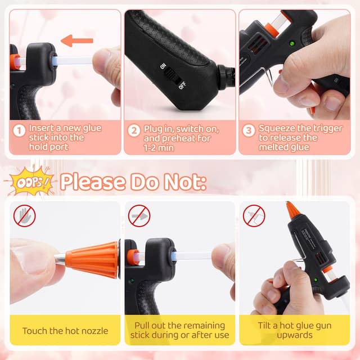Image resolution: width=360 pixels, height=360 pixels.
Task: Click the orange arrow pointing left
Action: tap(76, 40)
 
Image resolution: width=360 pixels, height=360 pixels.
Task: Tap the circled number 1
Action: tap(20, 131)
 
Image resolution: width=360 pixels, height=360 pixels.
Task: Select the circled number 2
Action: tap(134, 131)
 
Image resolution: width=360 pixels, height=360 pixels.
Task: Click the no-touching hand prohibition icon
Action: tap(24, 215)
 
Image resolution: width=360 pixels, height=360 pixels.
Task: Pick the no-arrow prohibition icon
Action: tap(139, 215)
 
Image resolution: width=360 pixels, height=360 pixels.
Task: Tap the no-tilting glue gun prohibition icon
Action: tap(254, 215)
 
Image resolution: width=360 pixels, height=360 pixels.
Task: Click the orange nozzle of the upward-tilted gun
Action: tap(292, 211)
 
